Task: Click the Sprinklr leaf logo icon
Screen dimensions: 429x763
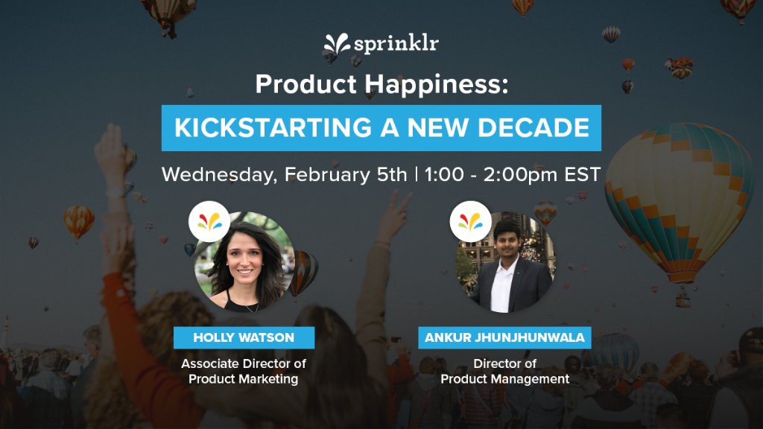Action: tap(337, 46)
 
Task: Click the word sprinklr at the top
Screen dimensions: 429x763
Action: tap(396, 44)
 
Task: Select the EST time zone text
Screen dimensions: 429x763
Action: tap(582, 175)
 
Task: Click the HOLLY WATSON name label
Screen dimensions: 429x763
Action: tap(244, 337)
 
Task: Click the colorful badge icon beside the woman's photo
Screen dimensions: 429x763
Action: tap(209, 221)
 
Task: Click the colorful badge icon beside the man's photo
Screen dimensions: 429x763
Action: tap(470, 221)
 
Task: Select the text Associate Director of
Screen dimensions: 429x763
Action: tap(244, 364)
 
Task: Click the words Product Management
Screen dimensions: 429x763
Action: tap(505, 379)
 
